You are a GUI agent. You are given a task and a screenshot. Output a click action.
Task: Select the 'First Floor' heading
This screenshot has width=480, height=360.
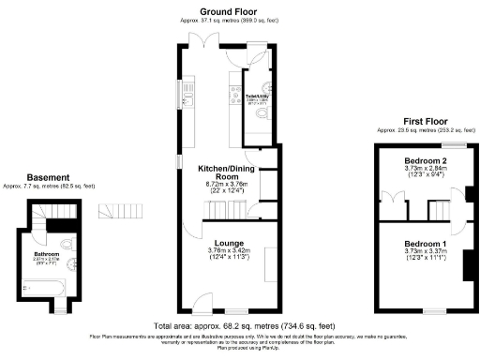424,122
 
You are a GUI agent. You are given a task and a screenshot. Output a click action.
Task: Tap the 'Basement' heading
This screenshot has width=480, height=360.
47,177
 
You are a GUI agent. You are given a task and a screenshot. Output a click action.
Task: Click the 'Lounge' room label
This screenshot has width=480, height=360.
229,242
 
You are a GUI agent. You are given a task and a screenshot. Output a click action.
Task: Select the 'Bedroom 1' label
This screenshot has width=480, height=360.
424,244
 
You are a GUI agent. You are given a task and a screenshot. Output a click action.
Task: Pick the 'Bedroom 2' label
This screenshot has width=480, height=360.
424,161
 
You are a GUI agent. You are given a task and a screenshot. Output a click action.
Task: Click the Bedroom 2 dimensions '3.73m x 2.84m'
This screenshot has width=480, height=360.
424,169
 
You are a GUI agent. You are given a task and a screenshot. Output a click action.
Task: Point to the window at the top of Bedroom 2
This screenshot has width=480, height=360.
455,144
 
